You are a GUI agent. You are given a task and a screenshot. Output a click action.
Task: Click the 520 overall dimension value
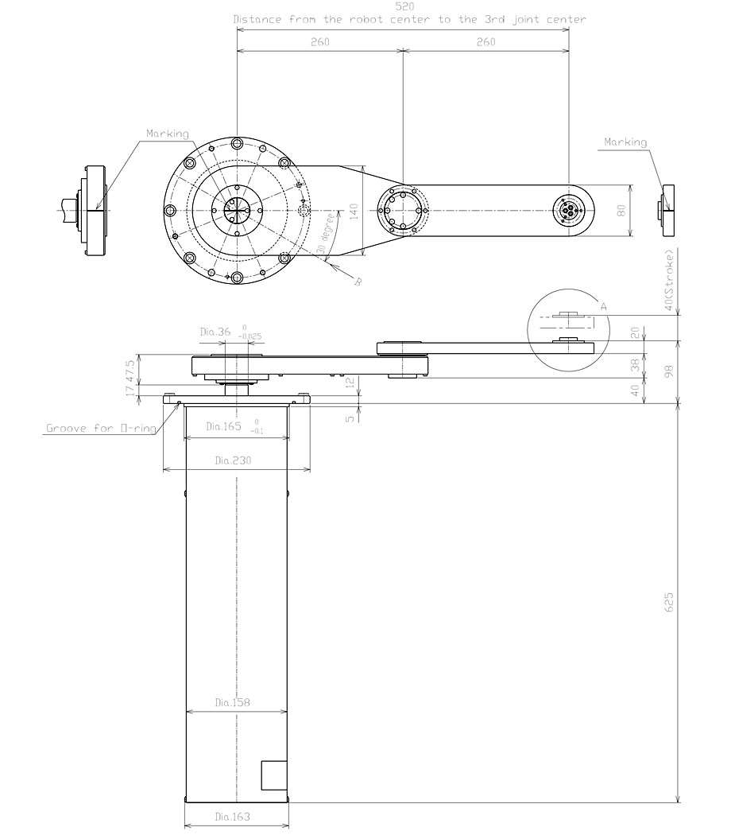[403, 6]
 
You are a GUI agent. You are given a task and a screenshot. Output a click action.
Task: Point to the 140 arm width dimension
[354, 211]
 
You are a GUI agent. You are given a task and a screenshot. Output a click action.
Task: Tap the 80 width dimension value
[621, 211]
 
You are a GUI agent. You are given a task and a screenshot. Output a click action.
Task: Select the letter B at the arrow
[357, 281]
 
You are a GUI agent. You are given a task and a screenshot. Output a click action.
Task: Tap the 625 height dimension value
[669, 603]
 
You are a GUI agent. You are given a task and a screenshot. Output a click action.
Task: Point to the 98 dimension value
[669, 372]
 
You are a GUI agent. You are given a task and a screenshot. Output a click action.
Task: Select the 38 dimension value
[634, 365]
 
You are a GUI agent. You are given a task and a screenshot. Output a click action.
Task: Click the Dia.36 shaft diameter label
[213, 332]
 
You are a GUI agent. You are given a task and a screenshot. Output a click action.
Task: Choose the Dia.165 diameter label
[223, 426]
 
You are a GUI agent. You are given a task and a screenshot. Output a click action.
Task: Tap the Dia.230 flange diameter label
[236, 460]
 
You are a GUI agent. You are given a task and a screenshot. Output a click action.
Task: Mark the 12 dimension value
[350, 383]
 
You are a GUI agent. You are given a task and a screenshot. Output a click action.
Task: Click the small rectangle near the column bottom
[274, 775]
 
